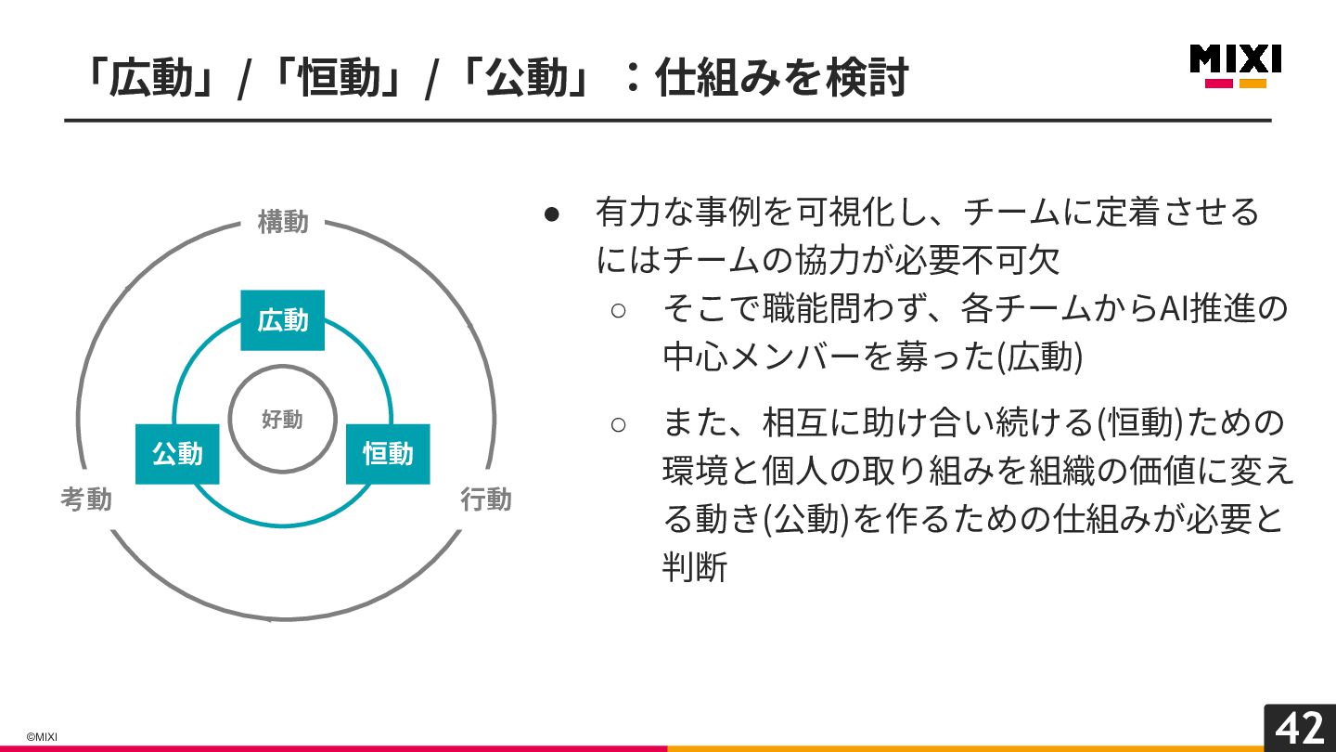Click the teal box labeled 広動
point(282,320)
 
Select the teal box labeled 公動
point(177,454)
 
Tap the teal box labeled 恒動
point(388,454)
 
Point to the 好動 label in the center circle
point(282,420)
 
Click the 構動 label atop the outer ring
point(283,223)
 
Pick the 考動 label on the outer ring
point(86,499)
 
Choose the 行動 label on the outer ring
point(486,499)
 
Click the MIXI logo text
point(1235,59)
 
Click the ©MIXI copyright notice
point(42,737)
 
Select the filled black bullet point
point(552,214)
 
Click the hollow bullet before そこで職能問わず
point(619,310)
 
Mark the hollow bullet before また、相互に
point(619,425)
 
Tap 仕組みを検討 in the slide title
point(780,79)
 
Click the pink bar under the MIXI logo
point(1219,84)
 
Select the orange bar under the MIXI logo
point(1252,84)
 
